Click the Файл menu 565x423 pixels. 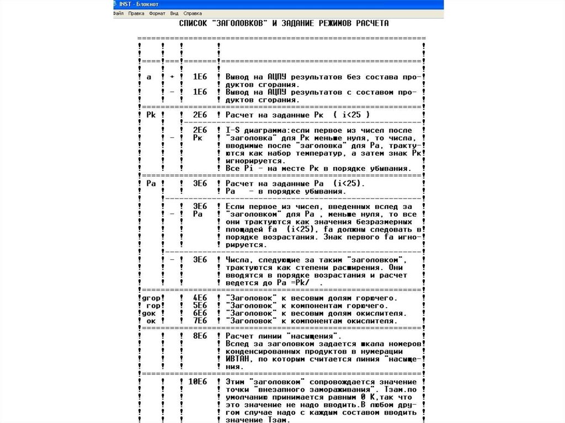click(118, 13)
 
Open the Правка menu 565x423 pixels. click(136, 13)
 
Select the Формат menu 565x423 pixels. click(157, 13)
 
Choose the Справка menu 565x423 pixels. click(193, 13)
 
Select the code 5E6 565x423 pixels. click(199, 306)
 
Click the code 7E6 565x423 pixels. click(199, 320)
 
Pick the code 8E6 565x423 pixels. click(199, 336)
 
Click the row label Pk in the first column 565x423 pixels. click(152, 114)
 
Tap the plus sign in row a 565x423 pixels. click(172, 77)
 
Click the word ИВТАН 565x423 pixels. click(238, 359)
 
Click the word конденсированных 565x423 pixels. click(263, 351)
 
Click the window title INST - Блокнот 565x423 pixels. click(135, 4)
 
